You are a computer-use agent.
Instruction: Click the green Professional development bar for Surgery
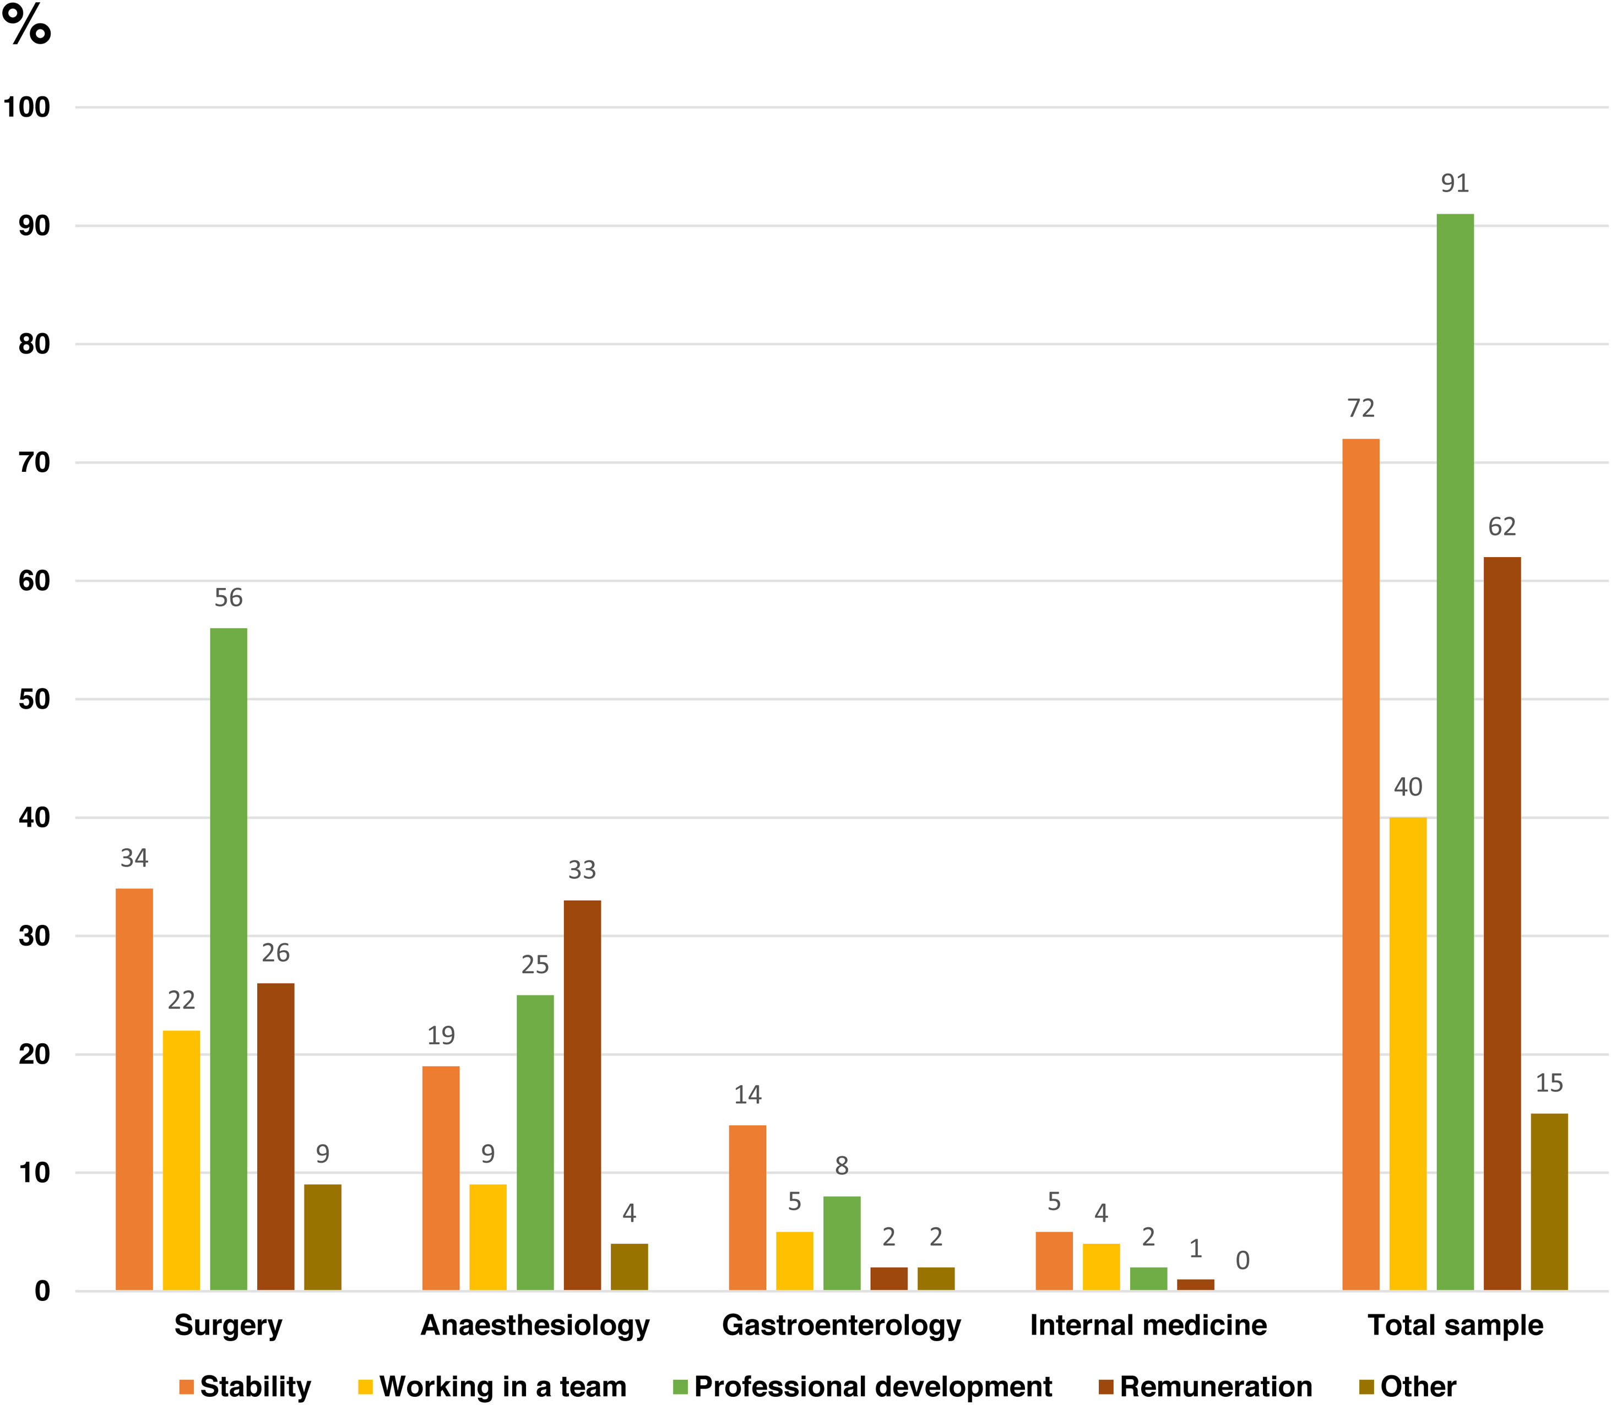tap(228, 959)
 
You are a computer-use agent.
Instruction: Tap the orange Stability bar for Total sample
tap(1361, 865)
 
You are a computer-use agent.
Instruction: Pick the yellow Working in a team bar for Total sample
tap(1408, 1054)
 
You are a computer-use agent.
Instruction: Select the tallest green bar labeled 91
tap(1455, 752)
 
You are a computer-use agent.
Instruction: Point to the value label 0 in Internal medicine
tap(1243, 1261)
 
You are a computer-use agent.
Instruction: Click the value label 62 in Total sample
tap(1502, 527)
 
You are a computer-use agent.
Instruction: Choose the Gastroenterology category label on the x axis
tap(842, 1326)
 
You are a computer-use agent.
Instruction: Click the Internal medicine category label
tap(1148, 1325)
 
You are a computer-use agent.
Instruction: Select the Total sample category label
tap(1455, 1326)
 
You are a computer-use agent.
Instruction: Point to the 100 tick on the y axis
tap(26, 107)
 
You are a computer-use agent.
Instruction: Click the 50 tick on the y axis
tap(35, 699)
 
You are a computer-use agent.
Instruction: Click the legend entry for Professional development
tap(863, 1386)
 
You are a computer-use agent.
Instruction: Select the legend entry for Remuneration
tap(1206, 1386)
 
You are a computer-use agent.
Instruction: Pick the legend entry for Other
tap(1408, 1386)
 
